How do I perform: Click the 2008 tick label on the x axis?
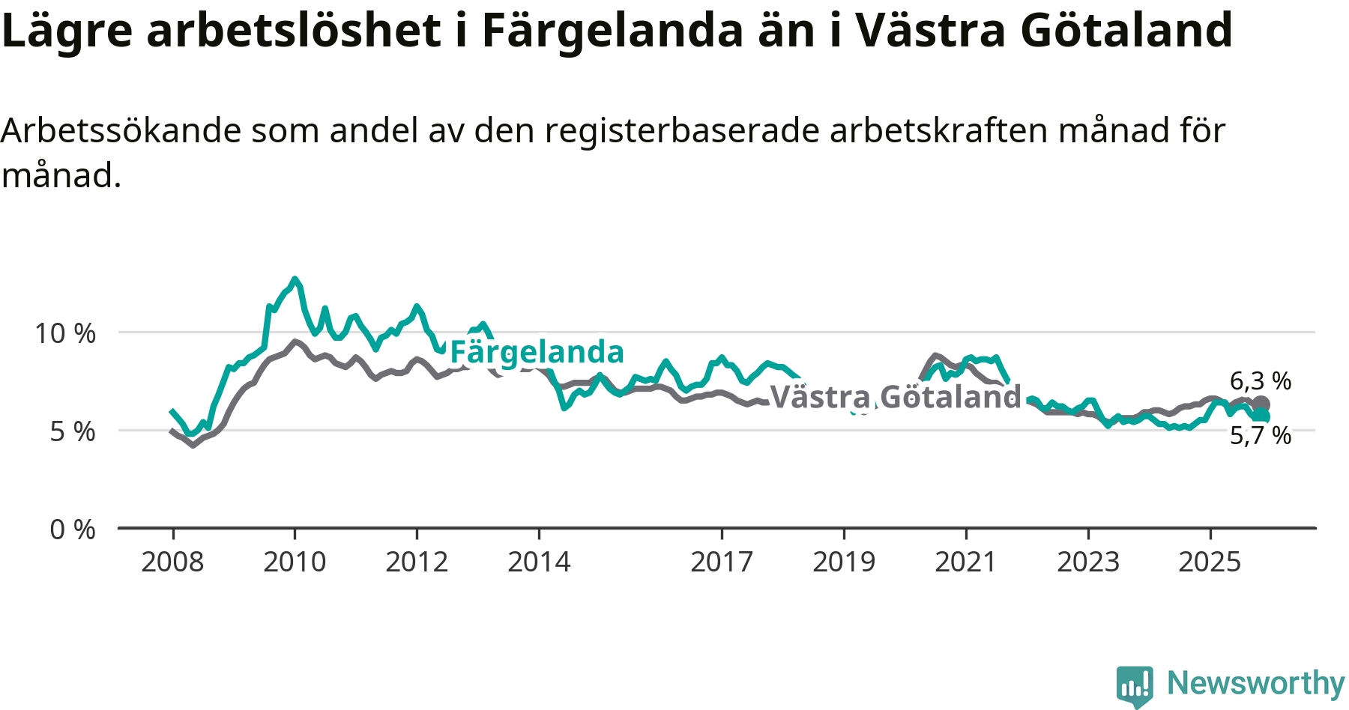pos(172,562)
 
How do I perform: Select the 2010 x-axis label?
pos(295,562)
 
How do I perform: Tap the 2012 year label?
pos(417,562)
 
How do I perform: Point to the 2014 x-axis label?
pos(539,562)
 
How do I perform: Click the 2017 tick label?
pos(722,562)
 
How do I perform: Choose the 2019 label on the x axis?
pos(844,562)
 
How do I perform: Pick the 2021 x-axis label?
pos(966,562)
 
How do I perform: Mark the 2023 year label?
pos(1088,562)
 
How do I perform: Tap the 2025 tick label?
pos(1210,562)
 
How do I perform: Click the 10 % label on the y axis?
pos(65,333)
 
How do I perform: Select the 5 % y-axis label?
pos(73,431)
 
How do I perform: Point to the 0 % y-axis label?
pos(73,530)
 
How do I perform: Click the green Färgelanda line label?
pos(537,352)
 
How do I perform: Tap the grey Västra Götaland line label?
pos(896,397)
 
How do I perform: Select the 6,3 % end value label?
pos(1261,381)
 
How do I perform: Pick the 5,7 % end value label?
pos(1261,435)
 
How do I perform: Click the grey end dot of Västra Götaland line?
pos(1261,404)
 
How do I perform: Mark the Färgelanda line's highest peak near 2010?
pos(295,279)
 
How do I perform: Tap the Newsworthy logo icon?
pos(1134,685)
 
